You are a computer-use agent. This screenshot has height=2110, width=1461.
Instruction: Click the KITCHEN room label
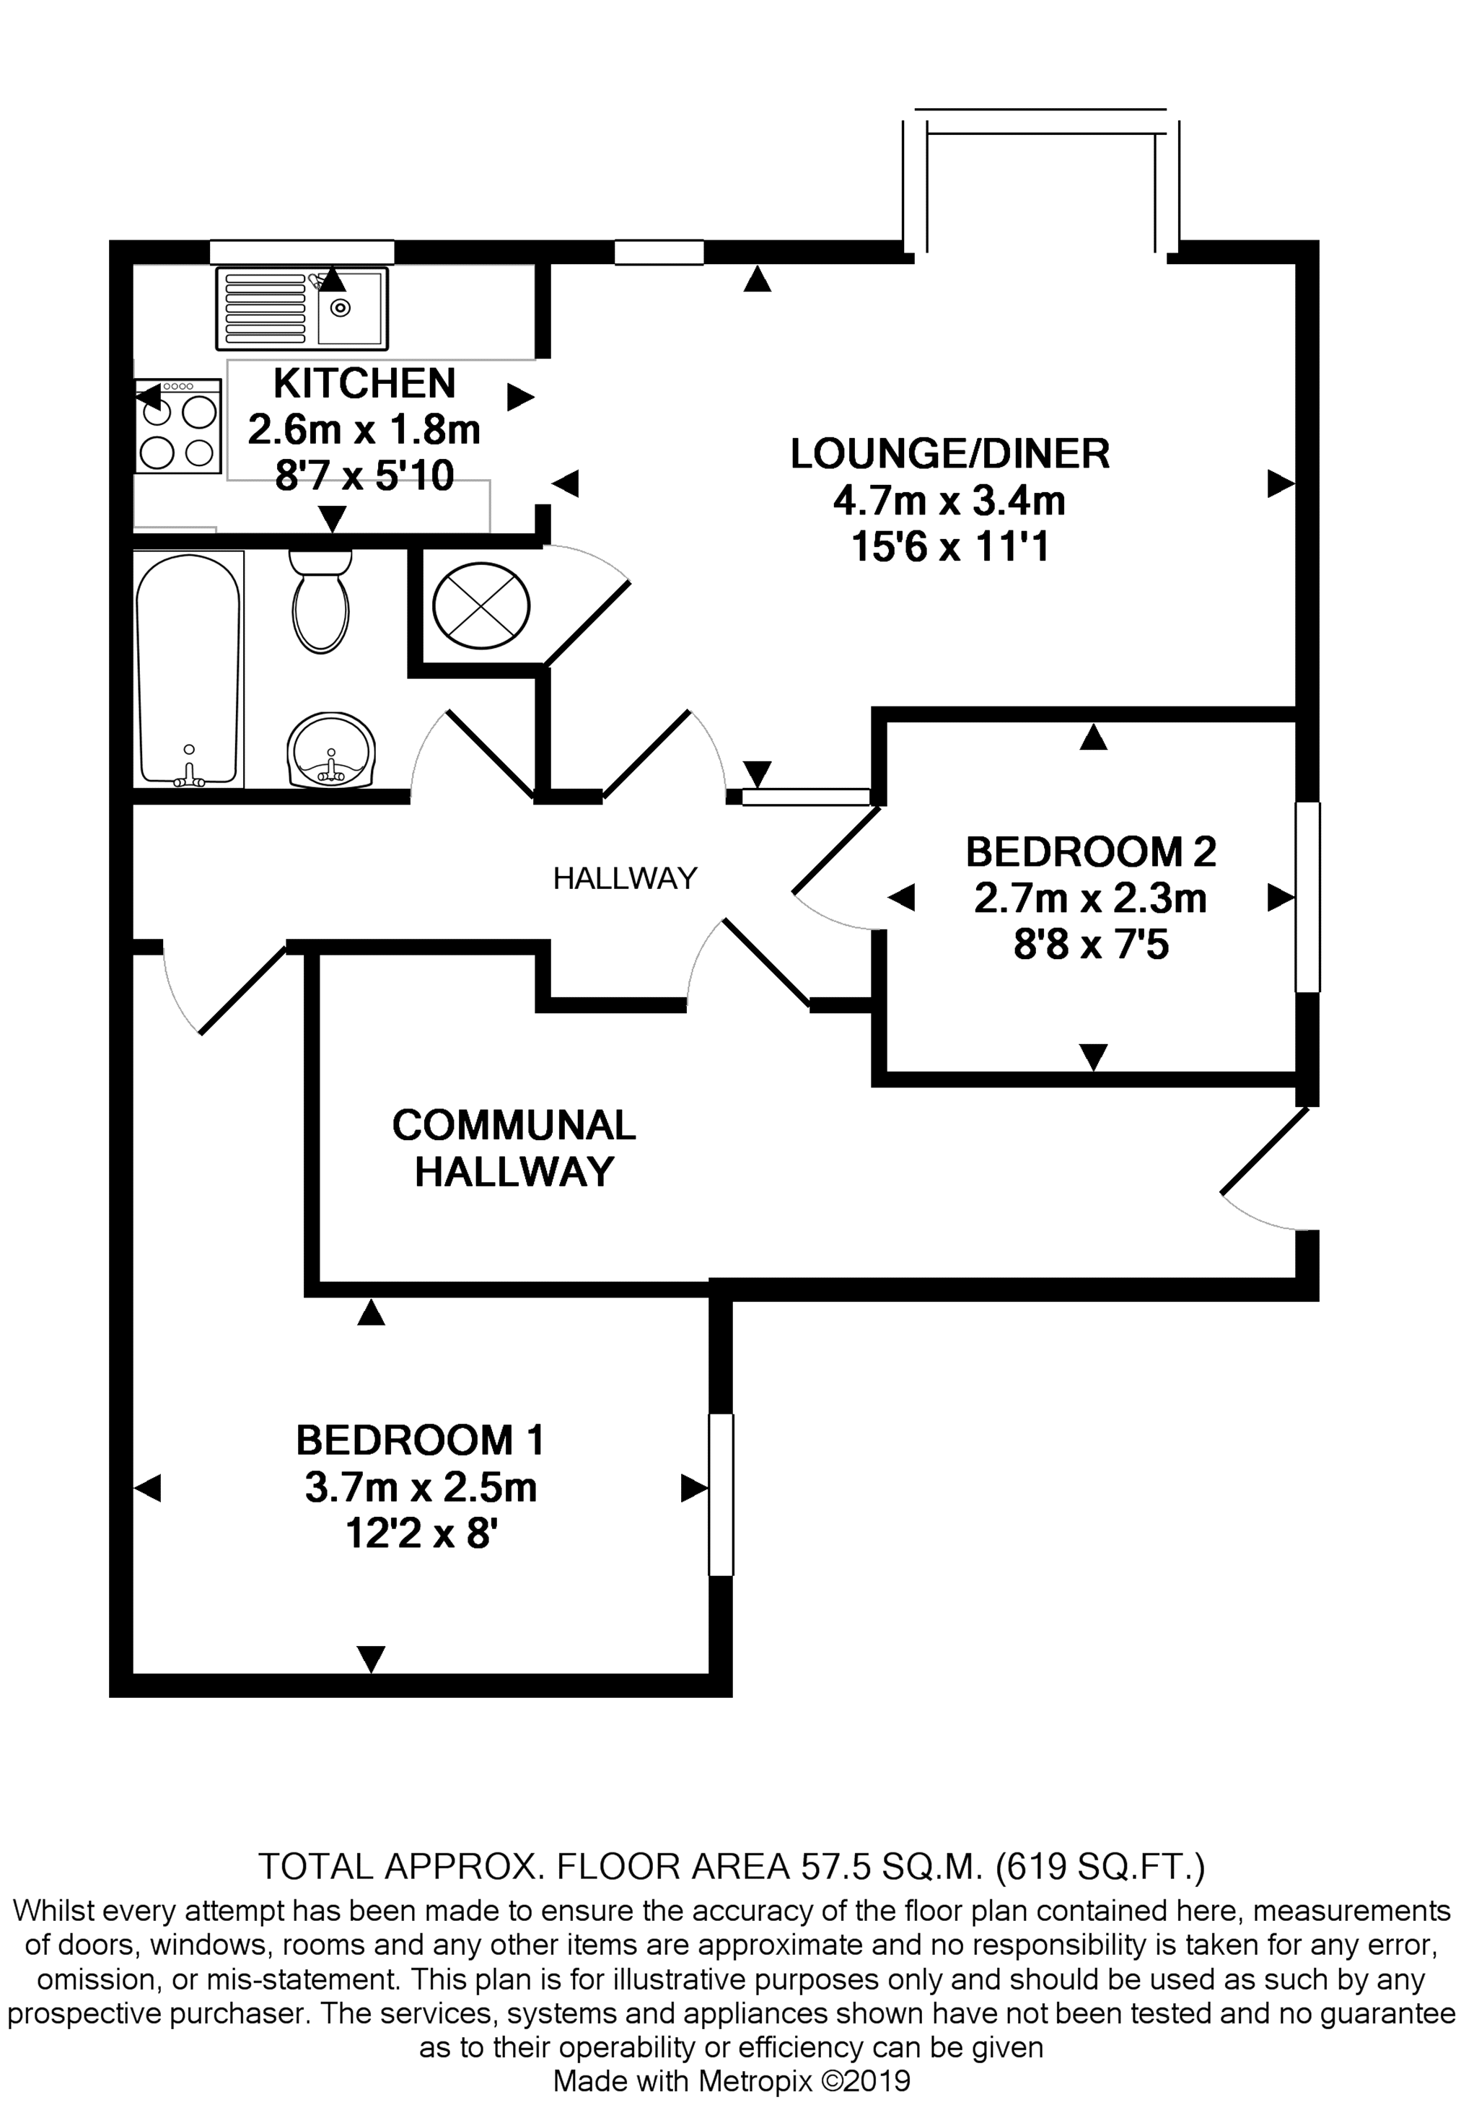(x=364, y=384)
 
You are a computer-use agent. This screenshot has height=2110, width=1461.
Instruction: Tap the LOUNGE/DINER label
(x=950, y=454)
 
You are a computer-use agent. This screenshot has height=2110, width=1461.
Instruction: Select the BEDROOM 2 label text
(x=1091, y=852)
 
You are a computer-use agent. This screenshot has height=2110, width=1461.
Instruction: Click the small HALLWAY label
(x=626, y=879)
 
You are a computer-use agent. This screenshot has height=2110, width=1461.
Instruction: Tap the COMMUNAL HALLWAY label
(x=514, y=1148)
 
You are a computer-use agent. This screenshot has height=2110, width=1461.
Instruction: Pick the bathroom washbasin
(x=330, y=750)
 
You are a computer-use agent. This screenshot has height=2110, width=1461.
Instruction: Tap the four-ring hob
(x=178, y=426)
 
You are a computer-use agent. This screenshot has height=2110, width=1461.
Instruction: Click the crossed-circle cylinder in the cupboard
(x=481, y=605)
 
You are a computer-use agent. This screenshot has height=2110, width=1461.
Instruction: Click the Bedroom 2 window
(x=1307, y=897)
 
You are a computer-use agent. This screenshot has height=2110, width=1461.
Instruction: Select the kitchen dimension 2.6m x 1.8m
(x=364, y=429)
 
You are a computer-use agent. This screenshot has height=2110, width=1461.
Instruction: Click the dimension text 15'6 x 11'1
(x=950, y=548)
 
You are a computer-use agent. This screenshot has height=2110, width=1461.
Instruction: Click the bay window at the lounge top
(x=1041, y=180)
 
